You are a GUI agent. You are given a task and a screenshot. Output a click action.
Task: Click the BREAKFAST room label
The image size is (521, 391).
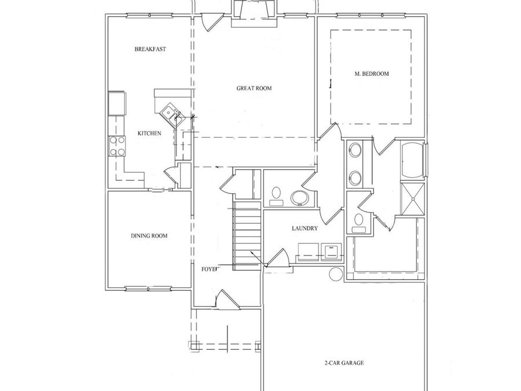coord(150,49)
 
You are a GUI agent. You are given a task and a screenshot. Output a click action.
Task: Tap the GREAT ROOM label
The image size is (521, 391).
coord(254,89)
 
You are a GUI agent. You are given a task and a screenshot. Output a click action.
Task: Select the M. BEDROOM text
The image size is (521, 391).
coord(371,74)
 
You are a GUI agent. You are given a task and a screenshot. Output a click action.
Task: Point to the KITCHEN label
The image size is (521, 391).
coord(149,134)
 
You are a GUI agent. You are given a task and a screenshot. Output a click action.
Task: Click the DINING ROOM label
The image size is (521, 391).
coord(149,236)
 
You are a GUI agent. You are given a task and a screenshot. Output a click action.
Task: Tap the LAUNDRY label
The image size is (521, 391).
coord(304,229)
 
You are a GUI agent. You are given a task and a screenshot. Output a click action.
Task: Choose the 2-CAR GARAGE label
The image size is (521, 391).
coord(344,364)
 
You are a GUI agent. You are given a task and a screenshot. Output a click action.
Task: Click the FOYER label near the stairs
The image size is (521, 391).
coord(210,269)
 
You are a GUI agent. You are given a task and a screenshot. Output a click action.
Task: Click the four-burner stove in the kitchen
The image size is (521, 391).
coord(118,145)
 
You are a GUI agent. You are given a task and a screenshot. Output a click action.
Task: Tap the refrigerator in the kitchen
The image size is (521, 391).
coord(116,103)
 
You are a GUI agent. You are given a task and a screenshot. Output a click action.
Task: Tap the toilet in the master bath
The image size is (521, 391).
coord(359,221)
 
